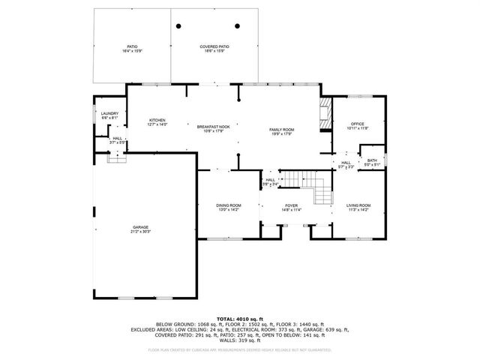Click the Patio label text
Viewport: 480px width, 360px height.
131,46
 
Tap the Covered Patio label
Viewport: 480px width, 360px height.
214,46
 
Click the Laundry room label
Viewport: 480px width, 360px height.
109,113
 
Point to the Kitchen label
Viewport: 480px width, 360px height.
157,120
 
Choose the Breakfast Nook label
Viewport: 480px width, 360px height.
213,127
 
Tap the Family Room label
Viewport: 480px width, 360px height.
282,130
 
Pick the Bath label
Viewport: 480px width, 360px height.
372,160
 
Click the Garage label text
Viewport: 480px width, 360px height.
140,227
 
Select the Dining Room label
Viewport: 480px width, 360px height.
229,205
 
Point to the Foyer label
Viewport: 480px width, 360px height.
291,205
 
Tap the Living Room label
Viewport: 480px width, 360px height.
358,205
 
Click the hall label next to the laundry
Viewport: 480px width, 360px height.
118,139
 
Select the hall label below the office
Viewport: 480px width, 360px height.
346,162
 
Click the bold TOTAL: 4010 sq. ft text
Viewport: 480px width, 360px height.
239,319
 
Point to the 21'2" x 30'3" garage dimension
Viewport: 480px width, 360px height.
140,232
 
